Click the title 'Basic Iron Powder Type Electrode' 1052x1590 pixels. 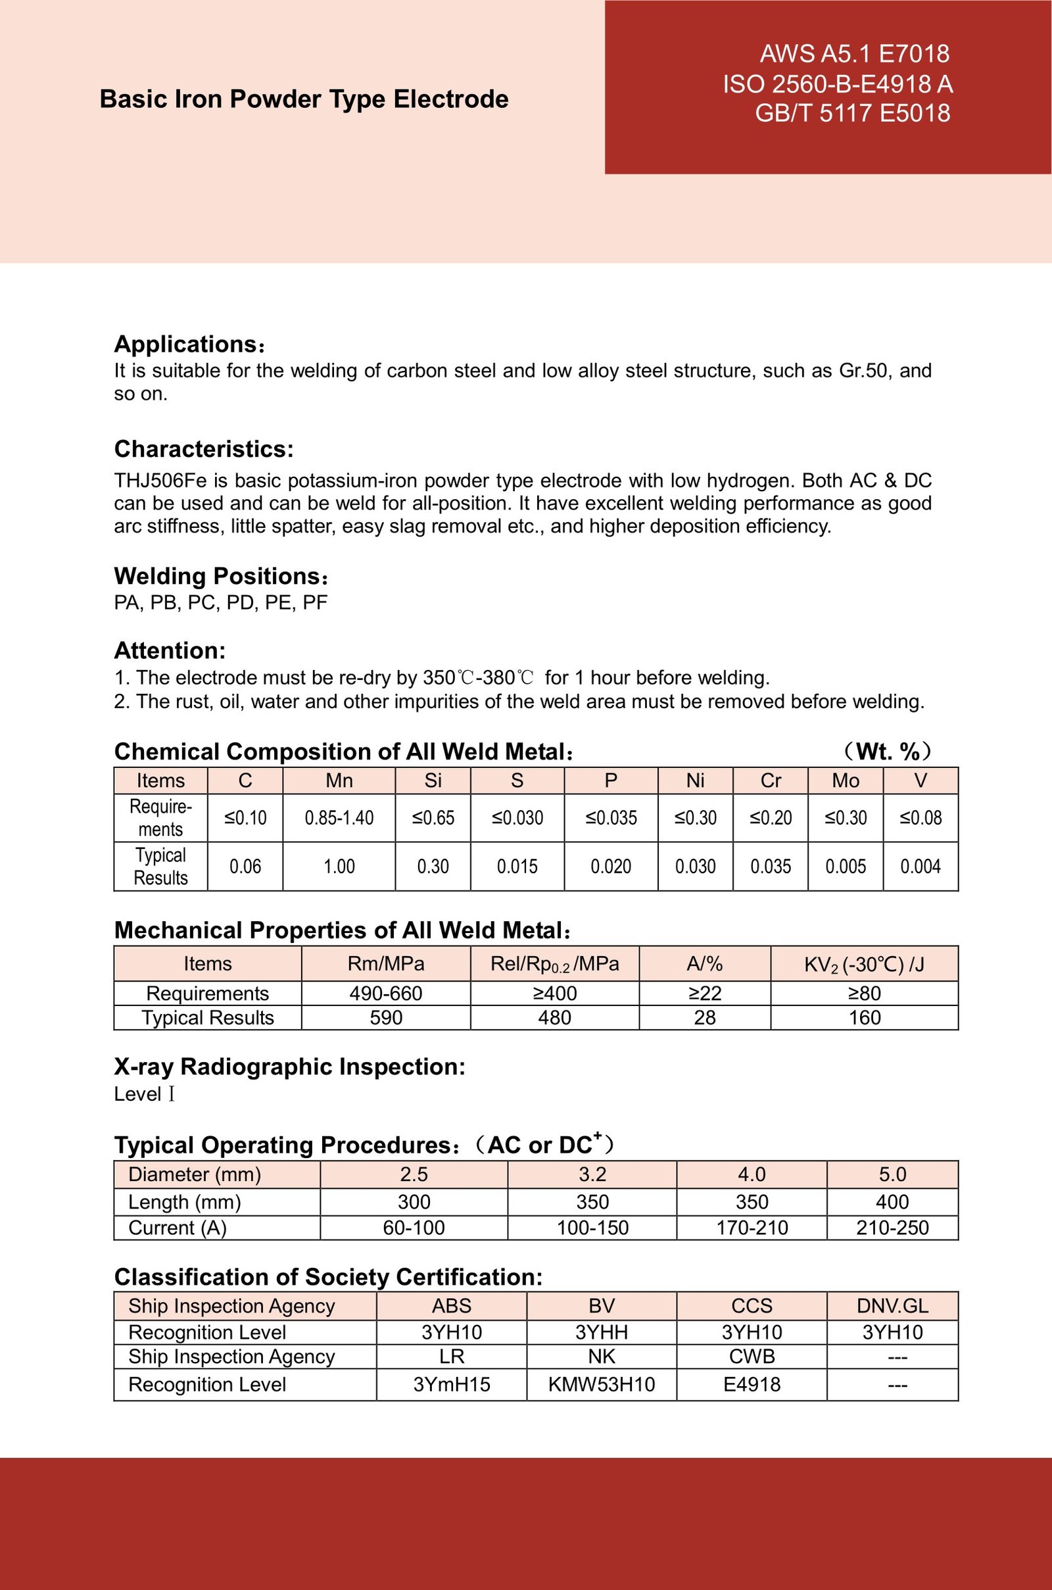[x=304, y=99]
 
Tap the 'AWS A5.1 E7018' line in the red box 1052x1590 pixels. [x=854, y=54]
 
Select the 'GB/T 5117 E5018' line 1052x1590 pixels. [x=852, y=112]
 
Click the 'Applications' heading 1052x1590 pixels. [x=185, y=344]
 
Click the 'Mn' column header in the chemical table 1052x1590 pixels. [x=339, y=781]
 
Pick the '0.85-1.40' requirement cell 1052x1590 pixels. [x=339, y=818]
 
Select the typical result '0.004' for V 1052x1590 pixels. [x=920, y=866]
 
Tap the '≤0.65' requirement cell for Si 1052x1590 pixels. [x=433, y=818]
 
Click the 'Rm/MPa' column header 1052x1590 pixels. [x=386, y=964]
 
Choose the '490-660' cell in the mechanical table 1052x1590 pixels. [x=386, y=994]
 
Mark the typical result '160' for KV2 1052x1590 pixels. [x=864, y=1018]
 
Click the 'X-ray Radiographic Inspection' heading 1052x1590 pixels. [x=289, y=1067]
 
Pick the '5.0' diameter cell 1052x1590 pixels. [x=892, y=1174]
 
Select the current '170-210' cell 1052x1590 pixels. [x=752, y=1228]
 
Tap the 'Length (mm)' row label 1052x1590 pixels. [x=185, y=1201]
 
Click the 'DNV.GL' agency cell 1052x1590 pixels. [x=892, y=1305]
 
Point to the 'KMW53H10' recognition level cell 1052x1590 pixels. [x=601, y=1385]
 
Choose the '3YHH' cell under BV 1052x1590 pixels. [x=601, y=1332]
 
